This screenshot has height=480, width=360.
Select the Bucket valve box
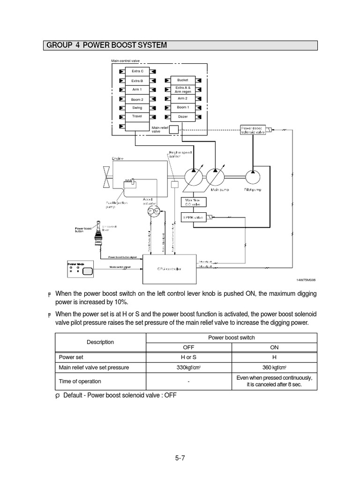point(182,80)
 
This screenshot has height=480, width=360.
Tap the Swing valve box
point(137,107)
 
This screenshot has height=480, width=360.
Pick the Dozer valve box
point(182,116)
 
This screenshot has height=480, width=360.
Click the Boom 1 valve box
point(182,107)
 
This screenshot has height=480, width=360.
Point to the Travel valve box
point(137,116)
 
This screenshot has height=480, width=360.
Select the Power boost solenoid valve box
point(253,130)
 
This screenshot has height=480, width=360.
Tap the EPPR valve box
point(193,217)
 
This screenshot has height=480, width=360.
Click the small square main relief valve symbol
point(173,129)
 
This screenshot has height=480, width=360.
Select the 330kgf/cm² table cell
point(188,367)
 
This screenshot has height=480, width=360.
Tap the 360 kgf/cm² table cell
point(275,367)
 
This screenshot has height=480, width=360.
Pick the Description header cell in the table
point(100,342)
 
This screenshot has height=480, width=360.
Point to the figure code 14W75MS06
point(306,280)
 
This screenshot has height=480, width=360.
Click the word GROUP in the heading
point(59,45)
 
